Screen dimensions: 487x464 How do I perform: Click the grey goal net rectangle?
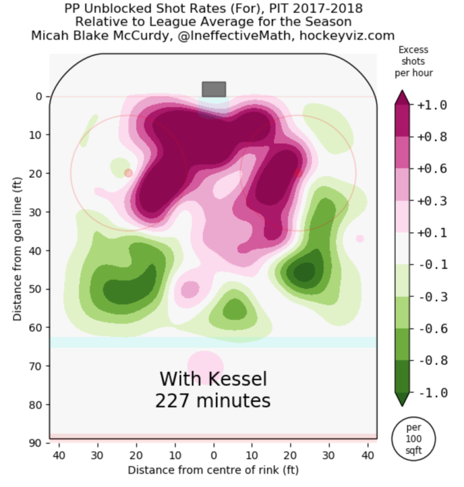[x=214, y=89]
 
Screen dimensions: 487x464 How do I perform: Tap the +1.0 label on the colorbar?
[x=432, y=105]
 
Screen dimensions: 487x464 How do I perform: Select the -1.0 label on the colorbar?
[x=432, y=393]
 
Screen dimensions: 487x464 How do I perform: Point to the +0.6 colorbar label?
[x=432, y=169]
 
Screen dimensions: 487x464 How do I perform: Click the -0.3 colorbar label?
[x=432, y=297]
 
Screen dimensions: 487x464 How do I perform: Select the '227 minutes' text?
[x=213, y=401]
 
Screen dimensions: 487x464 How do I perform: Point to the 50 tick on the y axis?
[x=36, y=289]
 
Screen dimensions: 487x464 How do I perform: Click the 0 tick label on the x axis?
[x=214, y=455]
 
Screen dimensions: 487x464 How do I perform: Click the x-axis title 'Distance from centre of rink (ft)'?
[x=213, y=470]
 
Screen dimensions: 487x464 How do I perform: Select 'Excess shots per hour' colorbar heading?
[x=413, y=61]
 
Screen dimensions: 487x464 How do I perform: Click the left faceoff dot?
[x=128, y=173]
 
